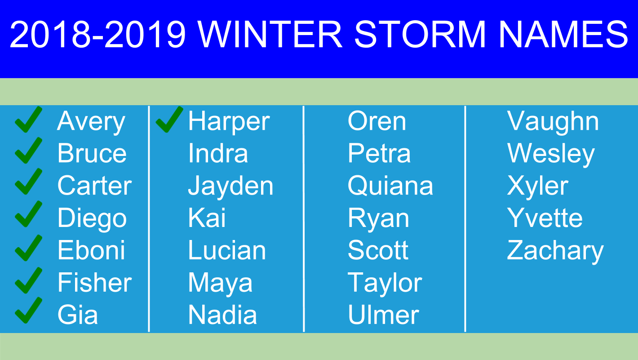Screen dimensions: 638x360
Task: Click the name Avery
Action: click(91, 122)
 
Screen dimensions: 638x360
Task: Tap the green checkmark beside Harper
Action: click(169, 120)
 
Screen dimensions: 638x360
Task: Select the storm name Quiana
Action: click(390, 186)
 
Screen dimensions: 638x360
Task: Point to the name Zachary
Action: click(555, 251)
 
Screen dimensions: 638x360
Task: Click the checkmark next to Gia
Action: click(28, 310)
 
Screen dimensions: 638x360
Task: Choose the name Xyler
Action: click(537, 187)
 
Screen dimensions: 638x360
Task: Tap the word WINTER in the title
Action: click(270, 34)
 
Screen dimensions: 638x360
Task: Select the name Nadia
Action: click(222, 315)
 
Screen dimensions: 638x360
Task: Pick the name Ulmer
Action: click(383, 315)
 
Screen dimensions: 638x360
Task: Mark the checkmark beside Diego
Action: click(28, 214)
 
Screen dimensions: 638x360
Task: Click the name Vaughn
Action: click(553, 122)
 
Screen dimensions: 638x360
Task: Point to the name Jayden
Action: click(230, 187)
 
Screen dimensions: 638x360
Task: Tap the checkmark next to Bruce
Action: click(28, 151)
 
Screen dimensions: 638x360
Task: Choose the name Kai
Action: click(207, 218)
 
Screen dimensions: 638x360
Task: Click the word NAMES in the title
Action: click(563, 34)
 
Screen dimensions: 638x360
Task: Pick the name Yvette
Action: click(545, 218)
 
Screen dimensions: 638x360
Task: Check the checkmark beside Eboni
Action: click(28, 248)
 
